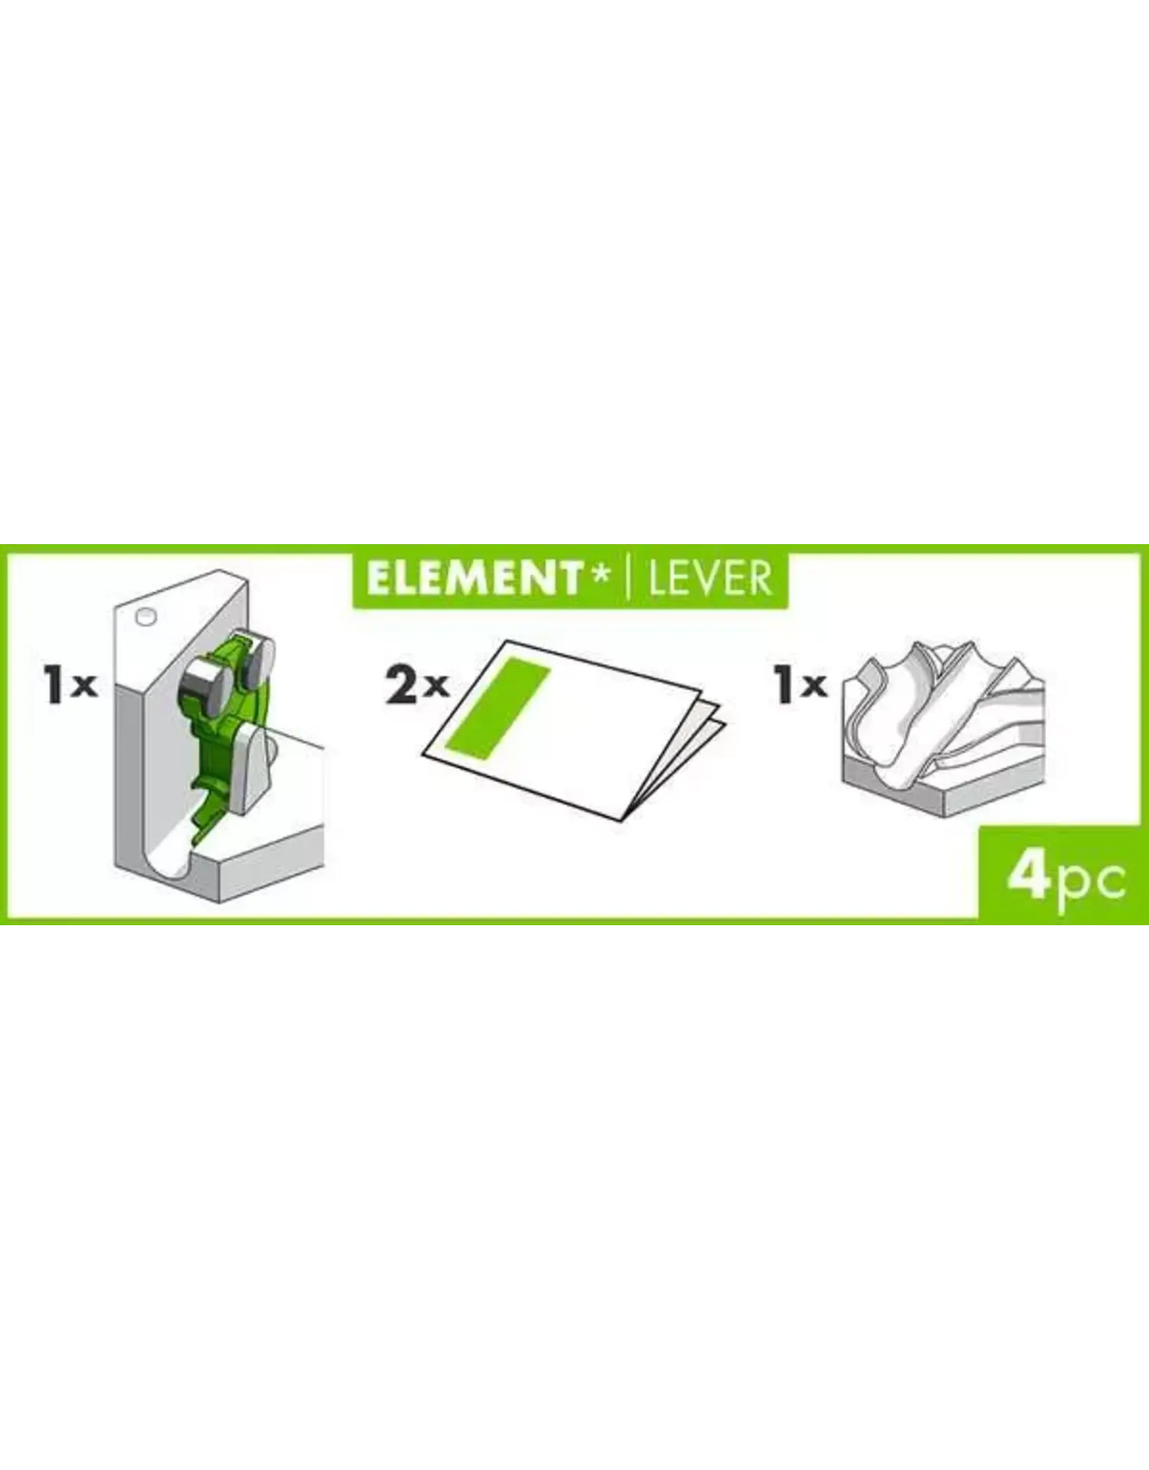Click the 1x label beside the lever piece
(70, 687)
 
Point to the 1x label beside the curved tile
(801, 687)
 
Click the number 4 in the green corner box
(1029, 879)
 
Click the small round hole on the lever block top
(146, 616)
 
